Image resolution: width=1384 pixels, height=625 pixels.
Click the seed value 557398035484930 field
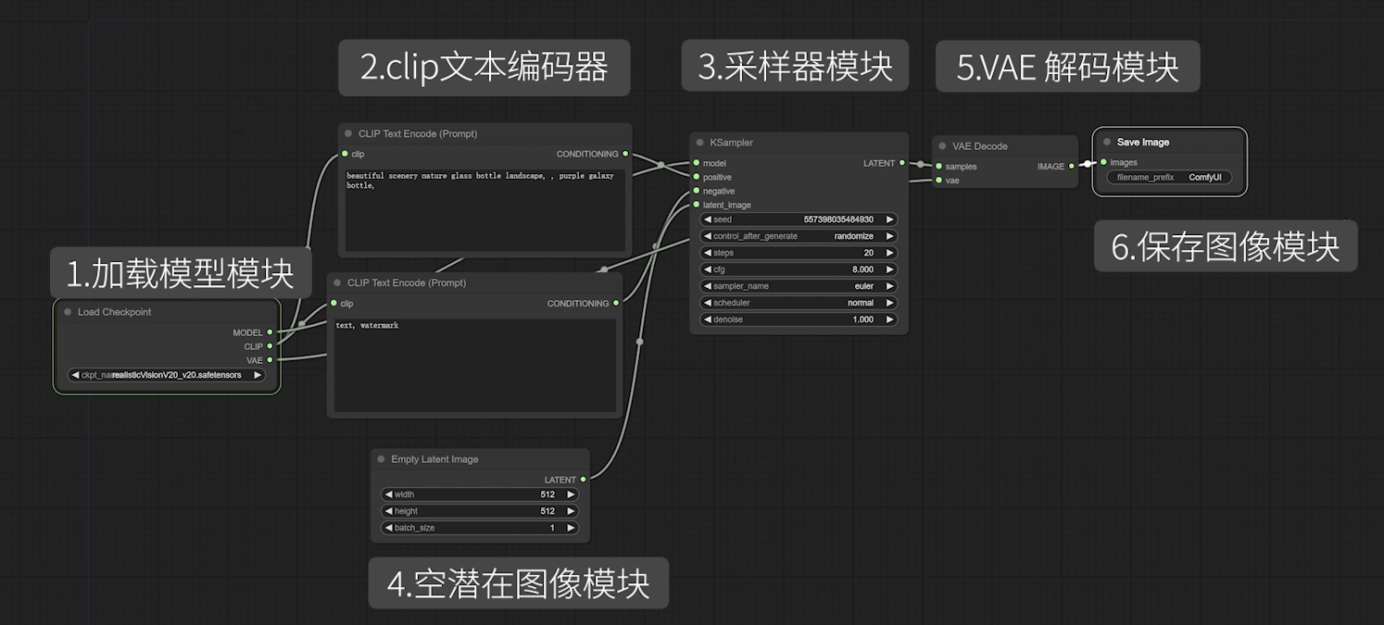[799, 219]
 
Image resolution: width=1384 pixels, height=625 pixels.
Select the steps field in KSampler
[799, 253]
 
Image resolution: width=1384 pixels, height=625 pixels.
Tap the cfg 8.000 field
[799, 269]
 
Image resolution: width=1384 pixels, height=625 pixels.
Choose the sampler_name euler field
[799, 286]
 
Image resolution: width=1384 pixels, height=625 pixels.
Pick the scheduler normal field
[799, 303]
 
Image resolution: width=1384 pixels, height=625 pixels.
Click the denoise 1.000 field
[799, 319]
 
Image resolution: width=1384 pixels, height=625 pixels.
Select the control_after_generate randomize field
[799, 236]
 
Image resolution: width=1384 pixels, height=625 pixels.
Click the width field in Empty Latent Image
[480, 494]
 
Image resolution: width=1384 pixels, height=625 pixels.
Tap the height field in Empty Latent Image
[480, 511]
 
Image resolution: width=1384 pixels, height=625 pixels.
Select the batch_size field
[480, 528]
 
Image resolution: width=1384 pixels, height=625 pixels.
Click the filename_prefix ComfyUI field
[1169, 177]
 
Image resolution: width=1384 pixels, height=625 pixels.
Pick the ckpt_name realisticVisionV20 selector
[167, 375]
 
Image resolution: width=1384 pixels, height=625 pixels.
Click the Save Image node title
[1142, 143]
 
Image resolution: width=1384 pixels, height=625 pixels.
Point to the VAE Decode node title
[979, 146]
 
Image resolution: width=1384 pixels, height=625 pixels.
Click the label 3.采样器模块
[795, 66]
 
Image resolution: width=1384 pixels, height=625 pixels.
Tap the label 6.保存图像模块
[1225, 246]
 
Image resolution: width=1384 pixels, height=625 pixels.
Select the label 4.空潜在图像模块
[518, 583]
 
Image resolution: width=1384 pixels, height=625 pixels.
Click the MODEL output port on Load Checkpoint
[270, 332]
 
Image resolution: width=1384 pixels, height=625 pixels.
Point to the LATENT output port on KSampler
[902, 163]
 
